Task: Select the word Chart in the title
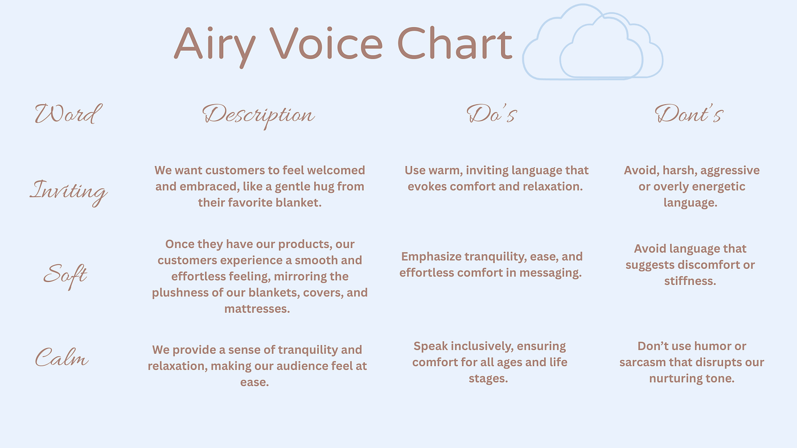pos(454,43)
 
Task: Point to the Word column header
pos(68,114)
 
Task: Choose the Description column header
pos(258,116)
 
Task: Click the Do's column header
pos(492,114)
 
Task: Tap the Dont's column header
pos(689,114)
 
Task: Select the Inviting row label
pos(68,192)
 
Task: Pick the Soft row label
pos(65,276)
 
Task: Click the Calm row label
pos(61,357)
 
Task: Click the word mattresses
pos(257,309)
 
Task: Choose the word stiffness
pos(690,281)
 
